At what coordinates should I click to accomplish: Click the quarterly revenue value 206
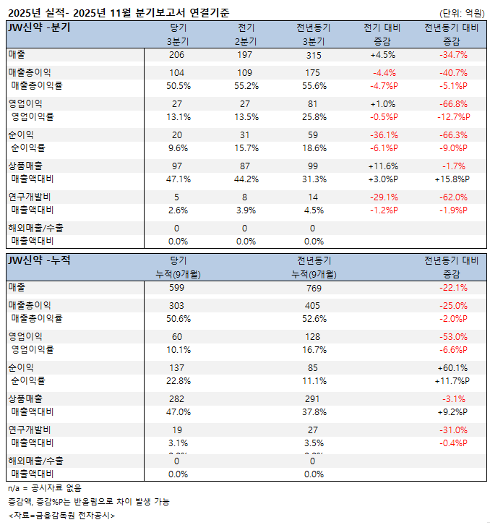[176, 55]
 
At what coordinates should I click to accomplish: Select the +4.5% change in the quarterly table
[383, 55]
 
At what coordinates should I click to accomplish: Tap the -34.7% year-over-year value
[452, 55]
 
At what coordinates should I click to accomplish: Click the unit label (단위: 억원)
[462, 13]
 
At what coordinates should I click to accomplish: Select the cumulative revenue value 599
[176, 287]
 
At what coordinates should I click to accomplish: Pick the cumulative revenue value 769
[313, 287]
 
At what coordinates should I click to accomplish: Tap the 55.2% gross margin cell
[246, 85]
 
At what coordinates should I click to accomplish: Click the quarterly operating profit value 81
[313, 104]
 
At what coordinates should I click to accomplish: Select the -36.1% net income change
[383, 135]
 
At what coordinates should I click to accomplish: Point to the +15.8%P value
[452, 179]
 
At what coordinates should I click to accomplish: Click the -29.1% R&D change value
[383, 197]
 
